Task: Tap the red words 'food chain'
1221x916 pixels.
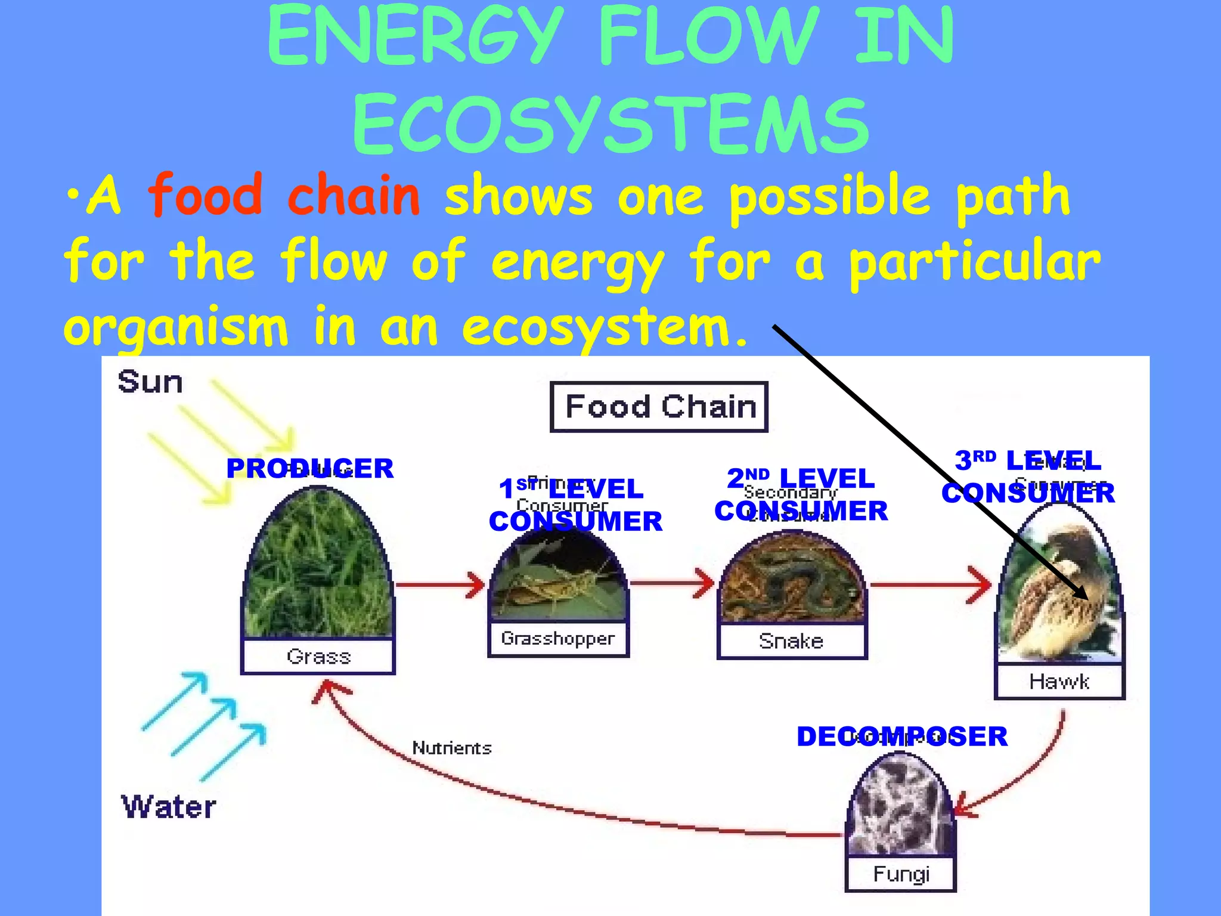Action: click(284, 196)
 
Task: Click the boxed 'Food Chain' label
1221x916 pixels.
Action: click(659, 407)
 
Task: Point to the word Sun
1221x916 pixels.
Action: click(150, 382)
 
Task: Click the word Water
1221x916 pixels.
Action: click(168, 807)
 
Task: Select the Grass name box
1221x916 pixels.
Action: click(318, 657)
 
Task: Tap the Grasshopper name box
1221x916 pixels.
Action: click(558, 639)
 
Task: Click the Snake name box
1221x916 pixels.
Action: click(791, 641)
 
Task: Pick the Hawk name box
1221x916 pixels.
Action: click(1059, 681)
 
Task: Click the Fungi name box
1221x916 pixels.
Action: click(900, 874)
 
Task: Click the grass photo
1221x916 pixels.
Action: click(318, 567)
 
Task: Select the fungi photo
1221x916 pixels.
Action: click(900, 805)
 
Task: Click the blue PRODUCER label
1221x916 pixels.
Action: click(310, 469)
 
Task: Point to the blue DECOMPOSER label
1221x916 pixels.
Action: click(901, 736)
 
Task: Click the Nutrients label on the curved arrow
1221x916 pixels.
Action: click(452, 748)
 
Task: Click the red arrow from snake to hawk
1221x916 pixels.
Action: click(930, 585)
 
